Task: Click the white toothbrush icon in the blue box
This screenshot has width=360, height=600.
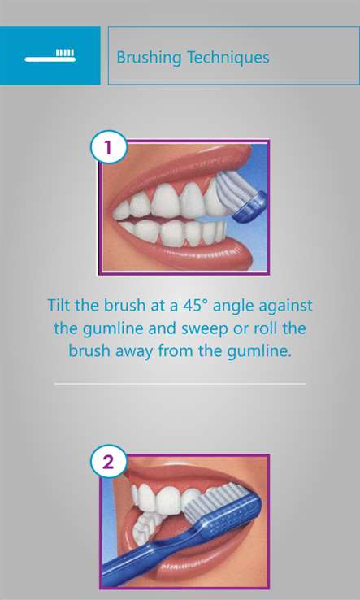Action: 50,56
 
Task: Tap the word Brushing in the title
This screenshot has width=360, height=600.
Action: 149,59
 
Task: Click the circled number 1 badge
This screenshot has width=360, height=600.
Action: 109,147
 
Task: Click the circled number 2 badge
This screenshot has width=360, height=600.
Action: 109,463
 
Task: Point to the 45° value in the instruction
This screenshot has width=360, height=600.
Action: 191,306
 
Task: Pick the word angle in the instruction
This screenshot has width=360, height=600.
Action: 232,307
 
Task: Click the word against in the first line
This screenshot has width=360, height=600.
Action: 285,307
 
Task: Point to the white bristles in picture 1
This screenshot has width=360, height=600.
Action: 233,190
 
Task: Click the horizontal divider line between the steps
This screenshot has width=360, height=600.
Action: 180,383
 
